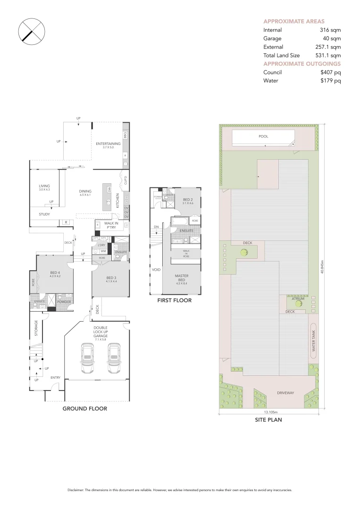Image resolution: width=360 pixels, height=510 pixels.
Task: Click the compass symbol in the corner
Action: (x=32, y=32)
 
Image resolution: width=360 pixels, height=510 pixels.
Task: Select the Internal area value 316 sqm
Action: (x=330, y=30)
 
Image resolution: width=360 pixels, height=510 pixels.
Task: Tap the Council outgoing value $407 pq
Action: (x=330, y=72)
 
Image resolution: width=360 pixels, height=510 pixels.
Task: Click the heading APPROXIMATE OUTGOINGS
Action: (x=301, y=64)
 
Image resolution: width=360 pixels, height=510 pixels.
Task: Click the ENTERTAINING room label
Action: (x=108, y=144)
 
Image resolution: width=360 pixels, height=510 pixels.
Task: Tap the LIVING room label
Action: (x=44, y=186)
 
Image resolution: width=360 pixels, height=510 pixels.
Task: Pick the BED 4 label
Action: (x=55, y=272)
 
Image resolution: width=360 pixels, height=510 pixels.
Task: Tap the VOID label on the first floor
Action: (x=156, y=270)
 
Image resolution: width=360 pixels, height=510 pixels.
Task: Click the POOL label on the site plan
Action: (x=263, y=136)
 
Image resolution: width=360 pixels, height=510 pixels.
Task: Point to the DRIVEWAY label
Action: (x=285, y=393)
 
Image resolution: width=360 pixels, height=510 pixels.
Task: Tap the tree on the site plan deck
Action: (x=244, y=253)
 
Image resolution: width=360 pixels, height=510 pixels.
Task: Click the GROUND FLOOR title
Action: (x=85, y=408)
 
